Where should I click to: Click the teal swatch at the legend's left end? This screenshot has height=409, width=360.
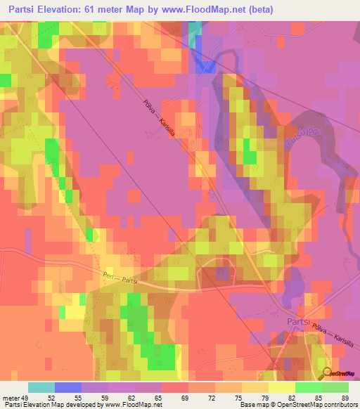click(41, 387)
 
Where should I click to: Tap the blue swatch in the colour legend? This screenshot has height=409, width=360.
click(68, 387)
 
